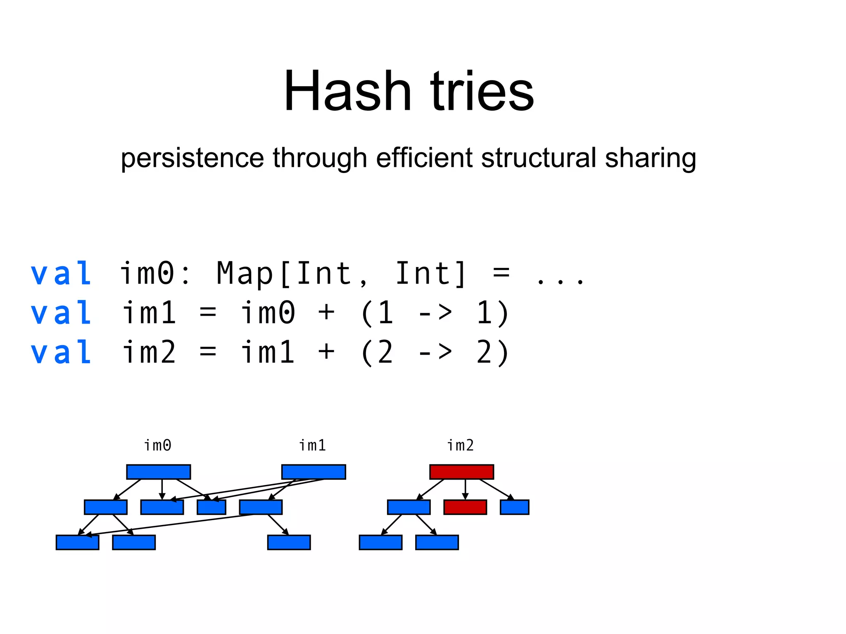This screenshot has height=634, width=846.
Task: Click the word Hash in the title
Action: pyautogui.click(x=347, y=92)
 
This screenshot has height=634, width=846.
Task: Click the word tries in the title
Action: pyautogui.click(x=482, y=92)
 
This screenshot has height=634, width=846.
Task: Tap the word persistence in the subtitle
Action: pyautogui.click(x=192, y=158)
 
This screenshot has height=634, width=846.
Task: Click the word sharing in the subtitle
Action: pyautogui.click(x=651, y=158)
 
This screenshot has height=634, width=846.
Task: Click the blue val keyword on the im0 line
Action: pyautogui.click(x=61, y=274)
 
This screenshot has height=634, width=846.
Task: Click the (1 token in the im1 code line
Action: pyautogui.click(x=377, y=313)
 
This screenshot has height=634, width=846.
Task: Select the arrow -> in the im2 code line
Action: pyautogui.click(x=435, y=353)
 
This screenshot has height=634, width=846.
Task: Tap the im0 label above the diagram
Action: pyautogui.click(x=158, y=445)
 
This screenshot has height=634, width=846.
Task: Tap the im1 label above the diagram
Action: pyautogui.click(x=313, y=445)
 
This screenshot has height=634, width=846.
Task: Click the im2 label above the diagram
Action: pyautogui.click(x=461, y=445)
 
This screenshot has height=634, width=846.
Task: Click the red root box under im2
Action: pyautogui.click(x=461, y=472)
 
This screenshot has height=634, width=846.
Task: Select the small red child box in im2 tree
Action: pyautogui.click(x=465, y=507)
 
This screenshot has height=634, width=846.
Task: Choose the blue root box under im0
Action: pyautogui.click(x=159, y=472)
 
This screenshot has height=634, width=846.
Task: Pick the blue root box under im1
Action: pyautogui.click(x=314, y=472)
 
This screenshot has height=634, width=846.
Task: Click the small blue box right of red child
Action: pyautogui.click(x=514, y=507)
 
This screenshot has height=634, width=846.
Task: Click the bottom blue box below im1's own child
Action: pyautogui.click(x=289, y=542)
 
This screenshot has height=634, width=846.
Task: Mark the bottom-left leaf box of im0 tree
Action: pyautogui.click(x=77, y=542)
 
